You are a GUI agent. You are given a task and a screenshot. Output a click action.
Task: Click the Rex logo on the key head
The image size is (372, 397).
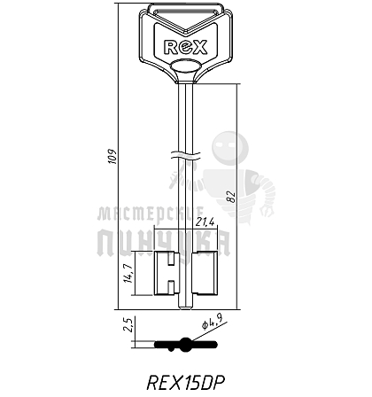click(x=185, y=47)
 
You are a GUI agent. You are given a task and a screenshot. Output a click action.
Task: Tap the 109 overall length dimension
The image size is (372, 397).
click(x=113, y=156)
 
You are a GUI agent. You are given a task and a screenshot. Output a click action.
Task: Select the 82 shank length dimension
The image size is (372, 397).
click(x=232, y=197)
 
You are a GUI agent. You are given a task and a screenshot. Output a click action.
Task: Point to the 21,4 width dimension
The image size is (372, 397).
click(x=205, y=222)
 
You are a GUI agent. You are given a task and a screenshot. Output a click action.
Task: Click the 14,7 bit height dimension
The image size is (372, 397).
click(x=128, y=273)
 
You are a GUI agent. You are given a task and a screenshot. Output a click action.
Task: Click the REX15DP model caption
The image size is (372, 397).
click(x=186, y=383)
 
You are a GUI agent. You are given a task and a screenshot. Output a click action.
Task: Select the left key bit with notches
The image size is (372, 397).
click(x=167, y=273)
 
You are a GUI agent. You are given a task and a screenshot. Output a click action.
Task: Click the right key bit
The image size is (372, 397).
click(x=205, y=273)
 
